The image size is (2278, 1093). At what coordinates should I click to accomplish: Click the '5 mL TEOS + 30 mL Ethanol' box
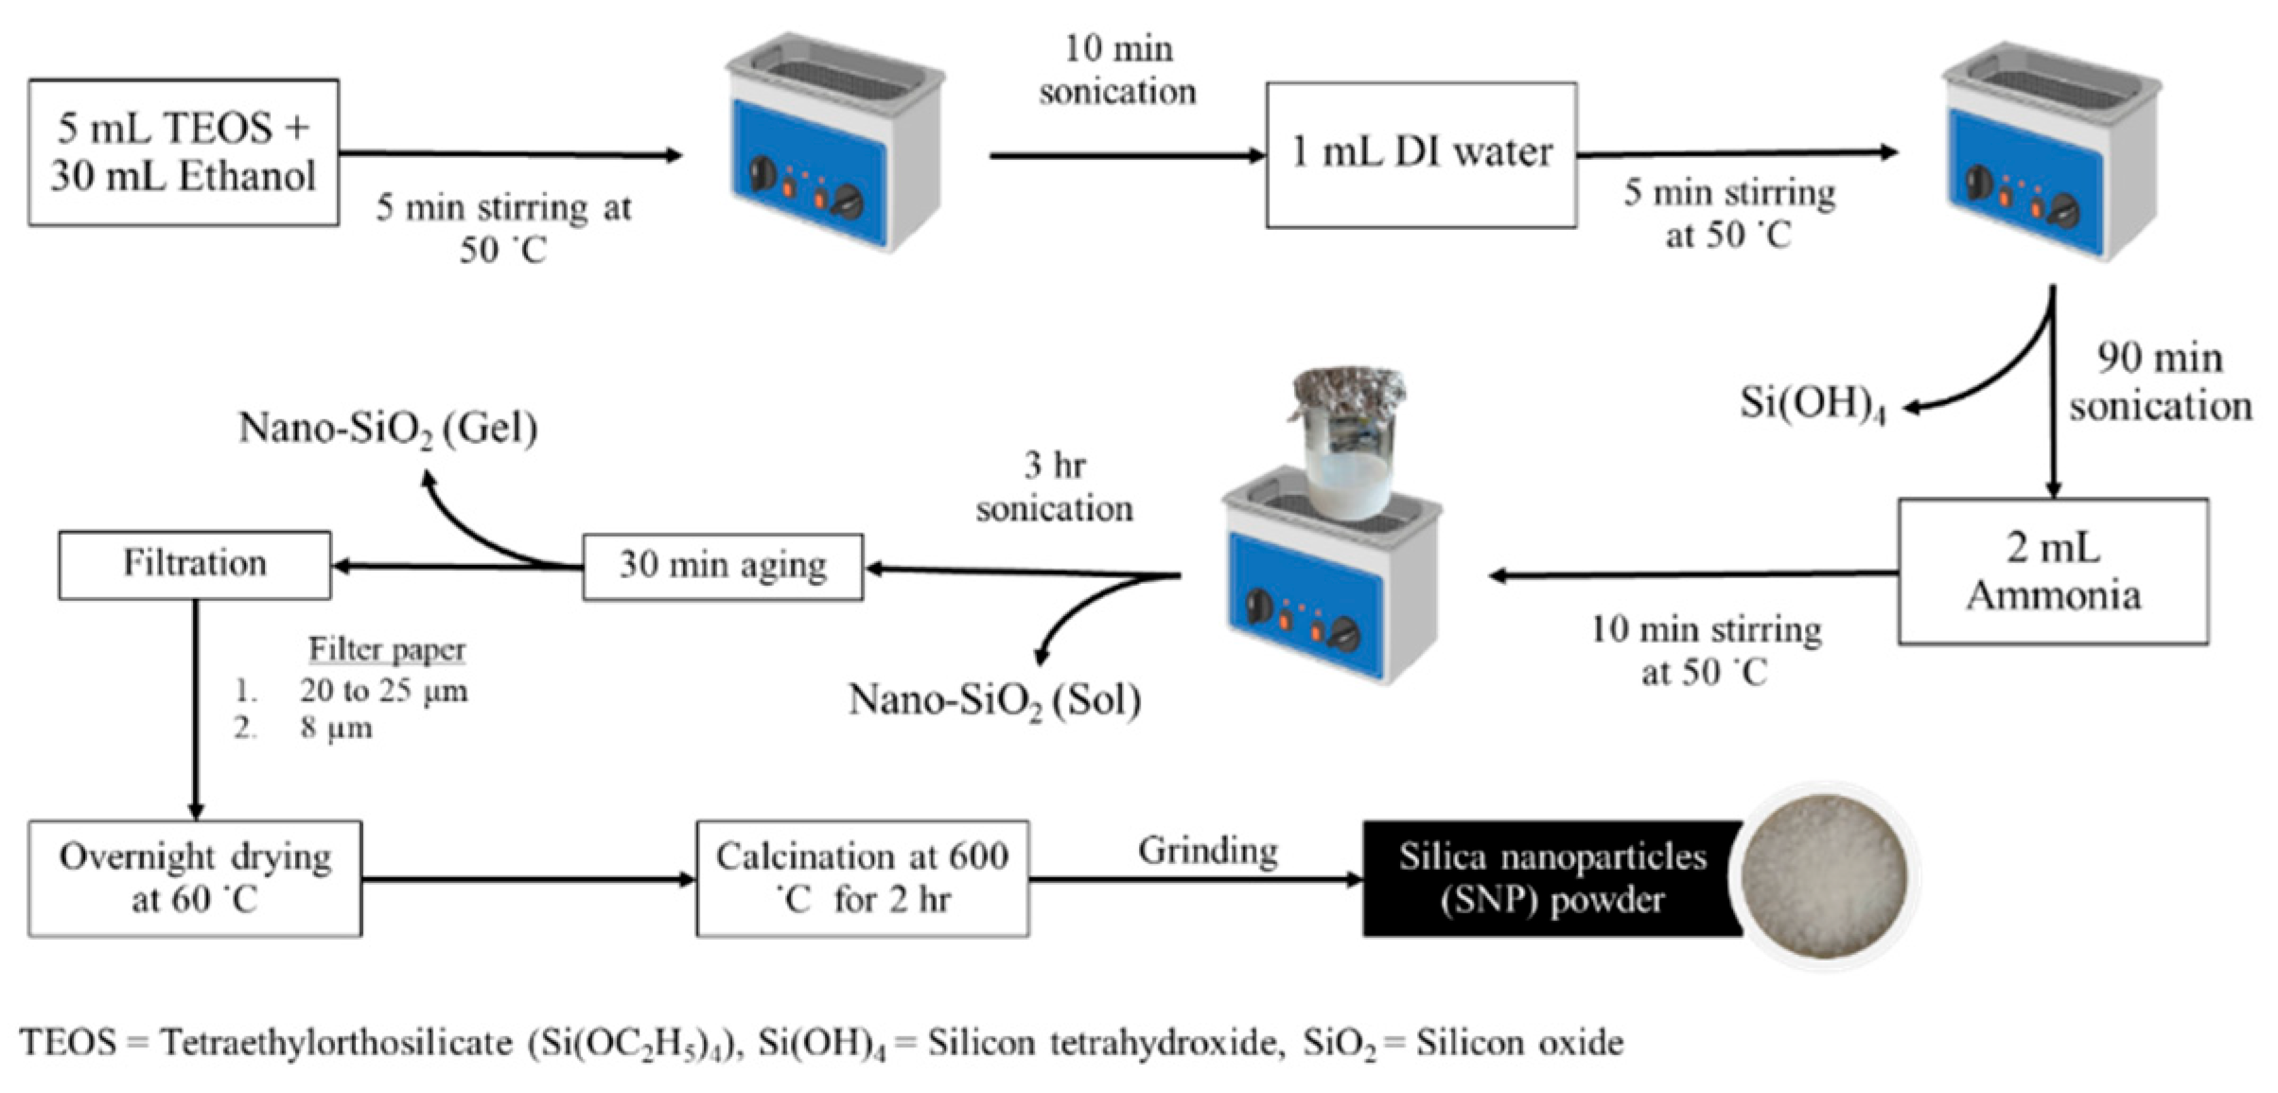184,152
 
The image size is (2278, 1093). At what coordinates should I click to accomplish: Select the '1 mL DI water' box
1421,154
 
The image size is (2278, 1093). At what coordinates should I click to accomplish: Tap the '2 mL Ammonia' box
2053,572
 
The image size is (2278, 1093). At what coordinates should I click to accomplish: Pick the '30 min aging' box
723,566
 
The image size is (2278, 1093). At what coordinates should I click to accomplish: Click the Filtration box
195,564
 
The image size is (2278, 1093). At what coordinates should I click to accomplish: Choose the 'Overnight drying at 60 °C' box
195,878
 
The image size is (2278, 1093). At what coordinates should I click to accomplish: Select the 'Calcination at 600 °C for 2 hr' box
862,878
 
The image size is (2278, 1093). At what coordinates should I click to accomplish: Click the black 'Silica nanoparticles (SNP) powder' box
1551,878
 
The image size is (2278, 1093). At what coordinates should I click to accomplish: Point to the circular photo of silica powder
1824,876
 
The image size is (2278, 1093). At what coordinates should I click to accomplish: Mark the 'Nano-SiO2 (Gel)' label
388,429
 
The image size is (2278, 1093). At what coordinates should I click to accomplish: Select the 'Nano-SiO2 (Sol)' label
994,701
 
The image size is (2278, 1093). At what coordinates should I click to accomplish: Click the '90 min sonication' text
2160,382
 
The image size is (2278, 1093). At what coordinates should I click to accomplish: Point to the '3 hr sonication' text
1054,487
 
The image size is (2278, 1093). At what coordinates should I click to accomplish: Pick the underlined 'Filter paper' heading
387,649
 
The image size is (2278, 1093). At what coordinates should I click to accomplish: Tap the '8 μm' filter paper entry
336,729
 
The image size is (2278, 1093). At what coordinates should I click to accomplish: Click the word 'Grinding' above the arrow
1208,851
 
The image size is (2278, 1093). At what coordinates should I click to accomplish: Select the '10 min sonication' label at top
1117,70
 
